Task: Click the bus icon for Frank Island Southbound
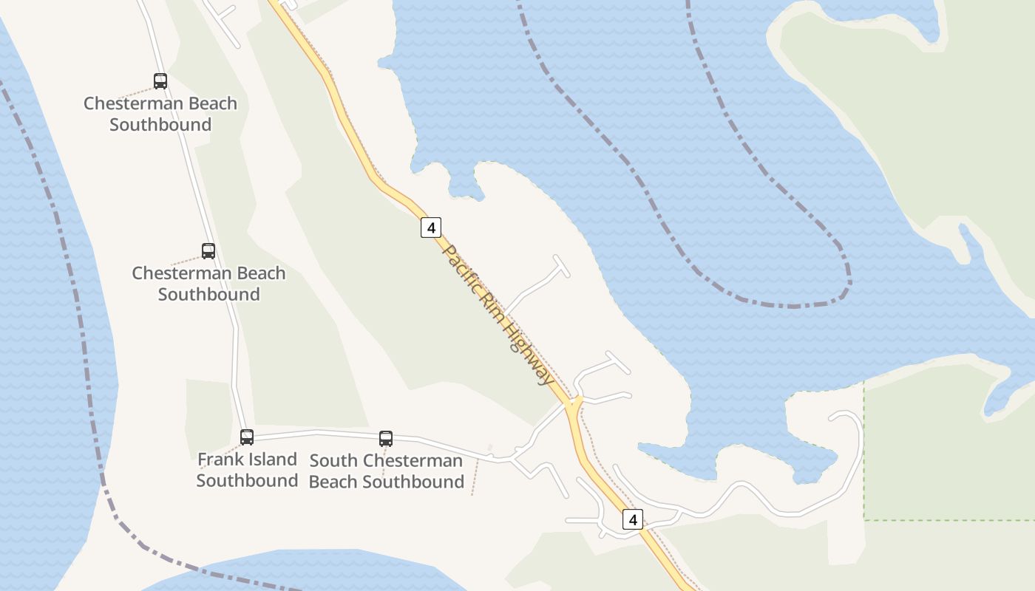tap(247, 437)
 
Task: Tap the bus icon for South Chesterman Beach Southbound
tap(386, 439)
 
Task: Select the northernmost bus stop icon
tap(160, 81)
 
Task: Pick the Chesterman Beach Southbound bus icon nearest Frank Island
tap(208, 251)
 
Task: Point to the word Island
tap(274, 460)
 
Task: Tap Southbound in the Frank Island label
tap(247, 481)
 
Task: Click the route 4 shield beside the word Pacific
tap(431, 228)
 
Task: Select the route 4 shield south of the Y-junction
tap(632, 519)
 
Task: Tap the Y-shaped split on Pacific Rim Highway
tap(574, 403)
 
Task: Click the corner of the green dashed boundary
tap(864, 520)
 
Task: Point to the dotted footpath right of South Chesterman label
tap(475, 476)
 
